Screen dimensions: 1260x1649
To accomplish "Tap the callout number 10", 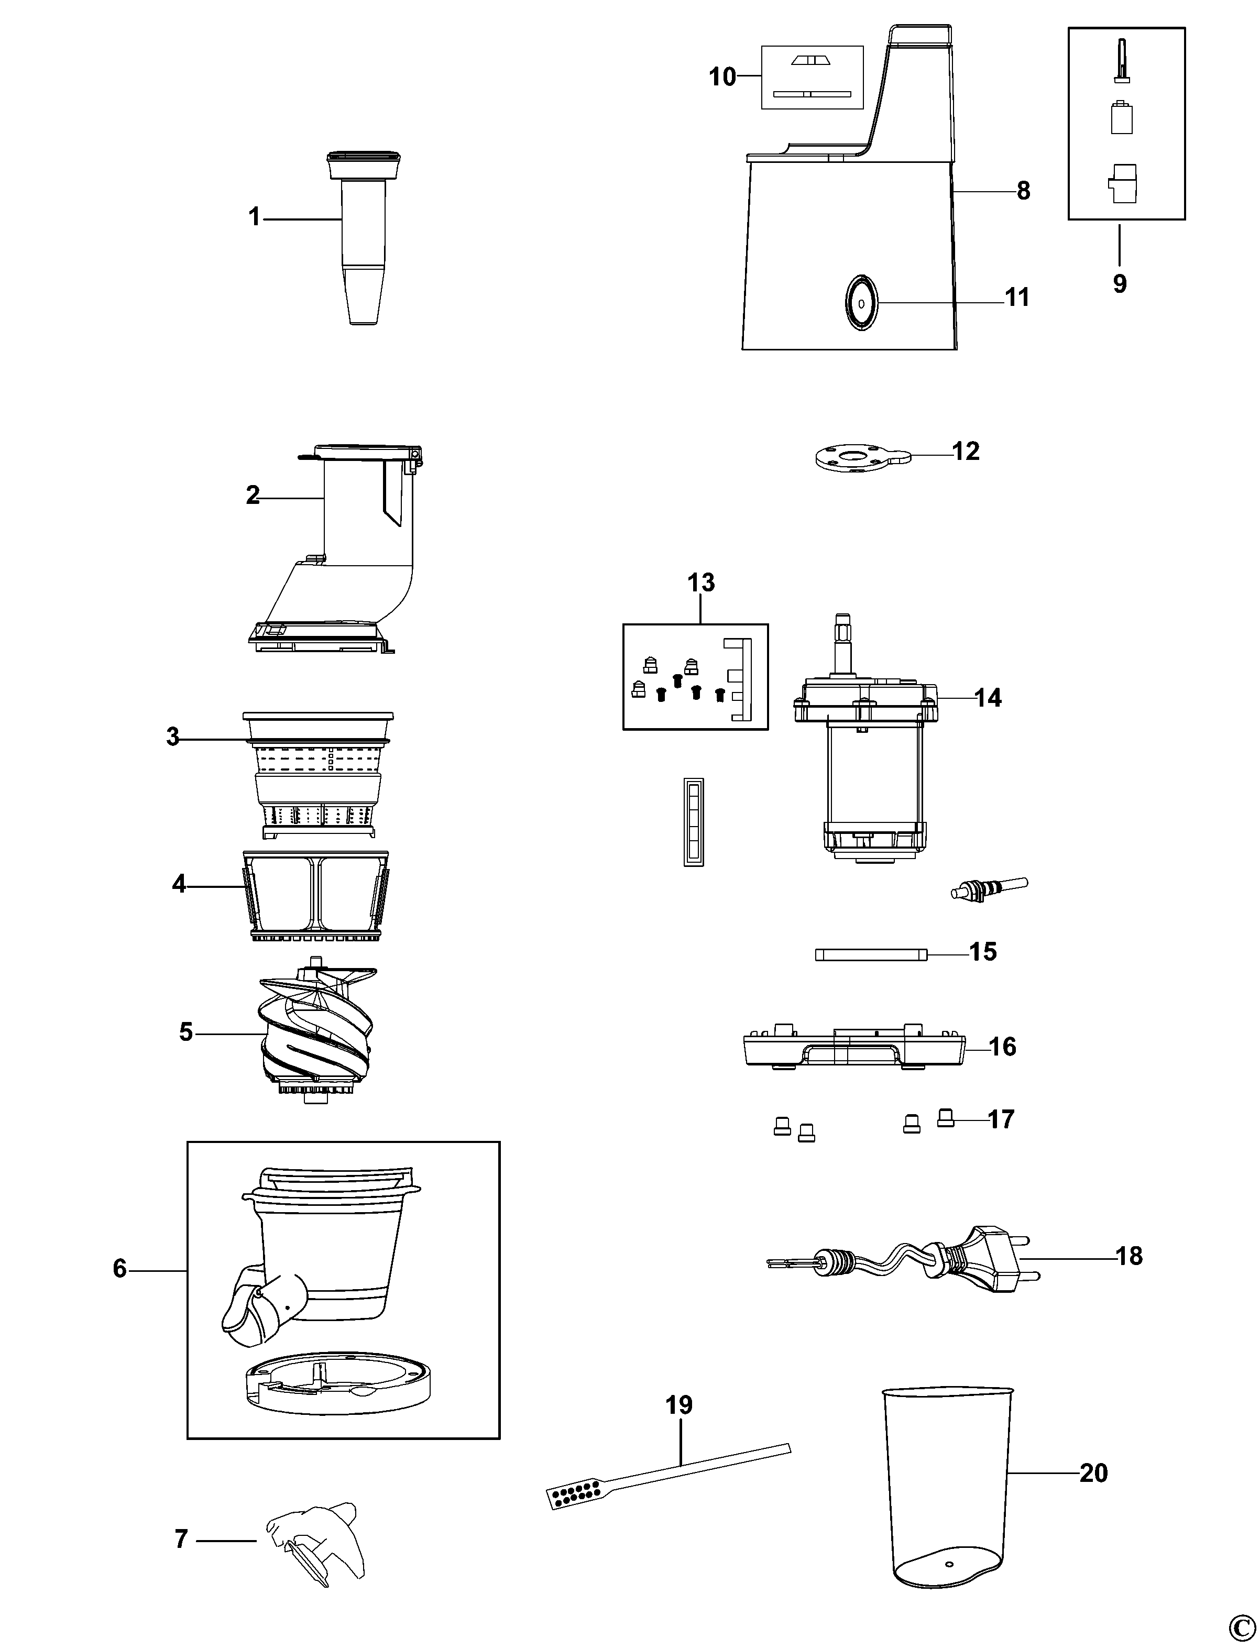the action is click(x=723, y=76).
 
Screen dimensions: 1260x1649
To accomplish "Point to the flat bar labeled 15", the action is click(x=870, y=954).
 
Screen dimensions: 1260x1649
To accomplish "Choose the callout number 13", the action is click(x=702, y=582).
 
